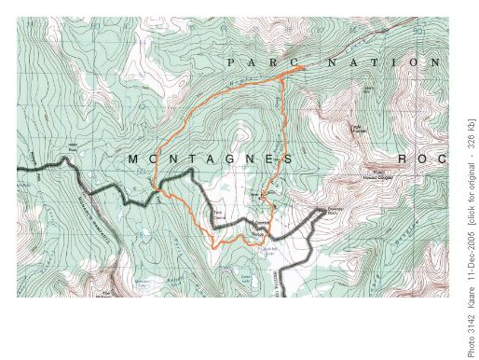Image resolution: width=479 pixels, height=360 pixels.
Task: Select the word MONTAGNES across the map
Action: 210,159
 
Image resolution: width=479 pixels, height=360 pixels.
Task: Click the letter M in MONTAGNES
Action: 132,159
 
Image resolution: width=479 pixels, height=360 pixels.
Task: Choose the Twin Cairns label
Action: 221,214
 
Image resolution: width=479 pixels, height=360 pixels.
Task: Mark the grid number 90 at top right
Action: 417,30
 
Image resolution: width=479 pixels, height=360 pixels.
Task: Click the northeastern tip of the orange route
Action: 302,69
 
